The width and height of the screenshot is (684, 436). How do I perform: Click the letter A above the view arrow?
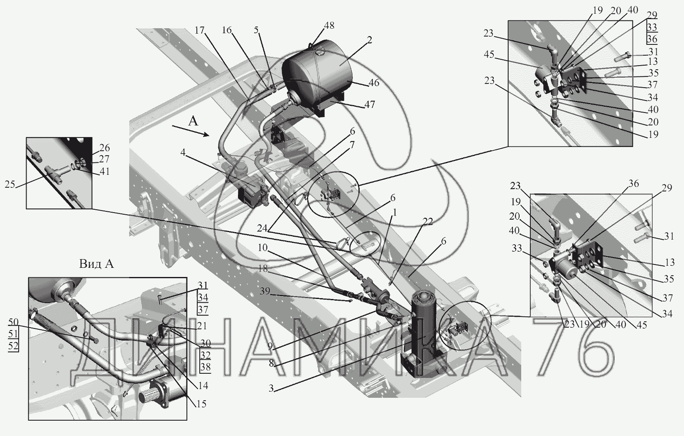(193, 122)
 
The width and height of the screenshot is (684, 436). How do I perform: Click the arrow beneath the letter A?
(190, 130)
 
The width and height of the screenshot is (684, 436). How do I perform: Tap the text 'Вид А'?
(96, 264)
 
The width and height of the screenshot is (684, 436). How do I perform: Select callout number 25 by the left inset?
(10, 184)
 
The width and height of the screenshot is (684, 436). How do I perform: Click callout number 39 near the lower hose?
(265, 291)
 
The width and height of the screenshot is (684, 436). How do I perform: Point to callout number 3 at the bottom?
(271, 388)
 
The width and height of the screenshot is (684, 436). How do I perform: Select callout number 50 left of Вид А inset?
(13, 322)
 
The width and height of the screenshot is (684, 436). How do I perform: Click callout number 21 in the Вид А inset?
(201, 326)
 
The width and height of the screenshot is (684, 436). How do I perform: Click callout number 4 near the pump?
(183, 152)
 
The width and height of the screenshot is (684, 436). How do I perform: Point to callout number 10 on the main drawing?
(262, 247)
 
